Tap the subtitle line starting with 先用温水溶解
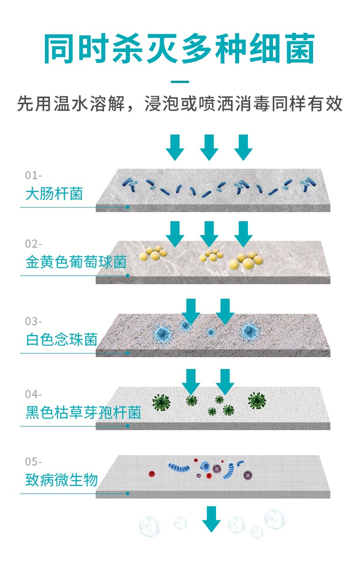click(x=180, y=104)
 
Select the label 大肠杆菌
click(x=54, y=193)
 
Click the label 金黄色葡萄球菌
click(x=76, y=262)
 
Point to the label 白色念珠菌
click(x=62, y=340)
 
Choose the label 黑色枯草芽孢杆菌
click(x=83, y=412)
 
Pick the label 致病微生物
click(x=62, y=480)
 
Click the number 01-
click(x=33, y=175)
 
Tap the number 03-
click(x=33, y=322)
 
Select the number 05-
click(x=33, y=462)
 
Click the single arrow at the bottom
click(x=211, y=519)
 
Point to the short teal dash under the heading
click(x=180, y=82)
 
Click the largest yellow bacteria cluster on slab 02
click(x=246, y=261)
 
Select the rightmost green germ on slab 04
click(x=257, y=401)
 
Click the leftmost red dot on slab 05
click(x=152, y=473)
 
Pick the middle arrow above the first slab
click(x=209, y=147)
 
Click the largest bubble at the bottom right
click(x=275, y=519)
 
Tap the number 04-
click(x=33, y=395)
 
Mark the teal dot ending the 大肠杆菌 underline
click(x=128, y=207)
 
